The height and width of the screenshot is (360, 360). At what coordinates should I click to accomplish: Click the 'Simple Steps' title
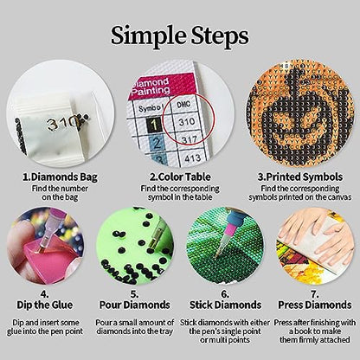[x=180, y=36]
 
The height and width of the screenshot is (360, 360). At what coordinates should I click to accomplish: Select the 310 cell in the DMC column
[x=187, y=121]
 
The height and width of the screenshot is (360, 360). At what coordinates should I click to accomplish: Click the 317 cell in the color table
[x=190, y=140]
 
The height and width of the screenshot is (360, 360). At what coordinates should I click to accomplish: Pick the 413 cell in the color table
[x=193, y=157]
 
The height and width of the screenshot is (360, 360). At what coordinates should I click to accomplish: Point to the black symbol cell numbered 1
[x=154, y=125]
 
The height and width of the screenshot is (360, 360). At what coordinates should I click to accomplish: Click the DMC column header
[x=183, y=104]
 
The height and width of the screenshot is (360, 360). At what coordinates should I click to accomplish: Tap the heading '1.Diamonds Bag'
[x=60, y=177]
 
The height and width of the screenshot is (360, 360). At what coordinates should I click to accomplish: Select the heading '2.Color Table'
[x=180, y=177]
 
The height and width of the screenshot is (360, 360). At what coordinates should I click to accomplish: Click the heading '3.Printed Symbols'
[x=300, y=177]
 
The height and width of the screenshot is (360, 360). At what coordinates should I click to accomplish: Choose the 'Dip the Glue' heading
[x=44, y=305]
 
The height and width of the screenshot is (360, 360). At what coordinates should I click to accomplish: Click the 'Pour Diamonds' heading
[x=134, y=305]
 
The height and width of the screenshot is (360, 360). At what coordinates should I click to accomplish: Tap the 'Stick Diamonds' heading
[x=225, y=305]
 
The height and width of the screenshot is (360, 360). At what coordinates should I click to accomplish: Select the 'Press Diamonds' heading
[x=315, y=305]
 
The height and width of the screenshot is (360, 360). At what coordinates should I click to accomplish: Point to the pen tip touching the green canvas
[x=218, y=254]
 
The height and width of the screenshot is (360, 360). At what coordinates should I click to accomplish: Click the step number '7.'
[x=314, y=294]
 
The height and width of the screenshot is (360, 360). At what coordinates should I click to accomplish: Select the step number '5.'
[x=134, y=294]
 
